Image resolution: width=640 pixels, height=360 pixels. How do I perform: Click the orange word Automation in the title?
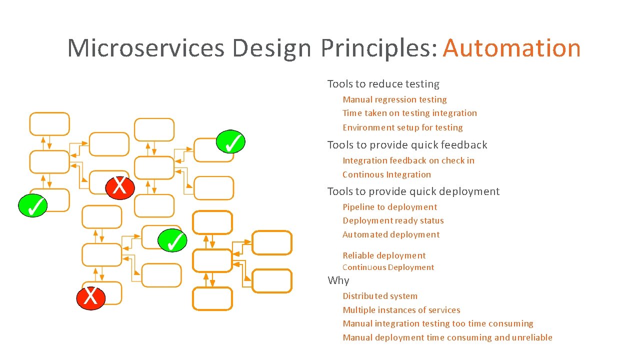[511, 48]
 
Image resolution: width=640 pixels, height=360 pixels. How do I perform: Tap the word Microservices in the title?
[145, 48]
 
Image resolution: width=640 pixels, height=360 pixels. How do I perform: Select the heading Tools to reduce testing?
[383, 84]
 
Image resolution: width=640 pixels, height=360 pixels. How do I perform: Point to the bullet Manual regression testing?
[394, 99]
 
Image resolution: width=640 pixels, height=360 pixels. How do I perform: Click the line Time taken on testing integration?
[409, 113]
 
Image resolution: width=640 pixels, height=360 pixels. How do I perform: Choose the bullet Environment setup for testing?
[402, 127]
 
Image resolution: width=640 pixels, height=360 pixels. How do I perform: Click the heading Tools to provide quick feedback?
[407, 145]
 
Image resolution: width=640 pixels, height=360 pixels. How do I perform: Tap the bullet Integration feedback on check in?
[408, 160]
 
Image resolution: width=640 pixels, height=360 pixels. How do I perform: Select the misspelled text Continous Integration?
[386, 174]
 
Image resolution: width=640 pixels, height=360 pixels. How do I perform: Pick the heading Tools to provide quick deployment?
[413, 191]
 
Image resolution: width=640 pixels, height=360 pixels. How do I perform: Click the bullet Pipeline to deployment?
[389, 207]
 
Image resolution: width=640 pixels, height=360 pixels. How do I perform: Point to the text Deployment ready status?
[393, 220]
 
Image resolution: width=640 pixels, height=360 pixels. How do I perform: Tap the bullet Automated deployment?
[391, 234]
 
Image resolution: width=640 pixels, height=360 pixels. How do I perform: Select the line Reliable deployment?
[384, 255]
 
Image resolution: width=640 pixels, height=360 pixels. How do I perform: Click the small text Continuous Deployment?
[388, 267]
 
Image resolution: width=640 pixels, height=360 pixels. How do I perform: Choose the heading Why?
[338, 280]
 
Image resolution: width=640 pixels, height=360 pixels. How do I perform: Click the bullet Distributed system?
[379, 296]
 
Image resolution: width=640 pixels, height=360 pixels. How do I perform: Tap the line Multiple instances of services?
[401, 310]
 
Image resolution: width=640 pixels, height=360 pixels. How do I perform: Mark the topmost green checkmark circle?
[230, 142]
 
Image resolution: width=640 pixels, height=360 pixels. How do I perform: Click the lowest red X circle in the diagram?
[90, 297]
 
